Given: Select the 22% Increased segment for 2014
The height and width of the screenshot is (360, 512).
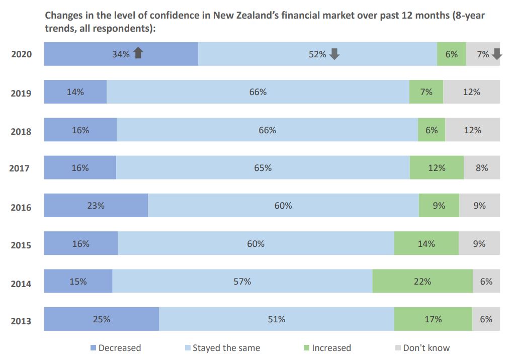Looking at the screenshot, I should [x=422, y=282].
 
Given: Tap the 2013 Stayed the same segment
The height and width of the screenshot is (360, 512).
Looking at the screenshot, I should [x=276, y=319].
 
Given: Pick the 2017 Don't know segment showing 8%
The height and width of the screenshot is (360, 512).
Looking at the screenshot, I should [x=481, y=168].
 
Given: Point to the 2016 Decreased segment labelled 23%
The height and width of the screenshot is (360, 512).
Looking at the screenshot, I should [x=96, y=206].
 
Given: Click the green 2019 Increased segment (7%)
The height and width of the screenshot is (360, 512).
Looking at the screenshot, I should [x=426, y=92].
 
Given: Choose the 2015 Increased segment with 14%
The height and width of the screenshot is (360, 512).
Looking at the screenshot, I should [x=426, y=244].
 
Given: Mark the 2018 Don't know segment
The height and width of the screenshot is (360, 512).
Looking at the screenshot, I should [x=472, y=130].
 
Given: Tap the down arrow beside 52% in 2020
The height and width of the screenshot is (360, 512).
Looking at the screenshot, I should [x=334, y=54].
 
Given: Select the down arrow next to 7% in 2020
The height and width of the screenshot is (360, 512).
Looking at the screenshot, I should [x=496, y=54].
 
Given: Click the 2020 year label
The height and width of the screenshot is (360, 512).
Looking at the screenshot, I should [x=21, y=54].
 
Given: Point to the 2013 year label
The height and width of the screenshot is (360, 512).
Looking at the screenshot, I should [x=21, y=321].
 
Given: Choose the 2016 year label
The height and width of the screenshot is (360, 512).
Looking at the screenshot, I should [x=21, y=208].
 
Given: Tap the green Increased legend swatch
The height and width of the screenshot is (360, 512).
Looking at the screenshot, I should [x=306, y=348].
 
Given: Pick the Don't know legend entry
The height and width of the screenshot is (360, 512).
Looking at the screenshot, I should [x=421, y=348].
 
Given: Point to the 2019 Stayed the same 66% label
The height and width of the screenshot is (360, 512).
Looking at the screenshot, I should [x=258, y=92].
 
